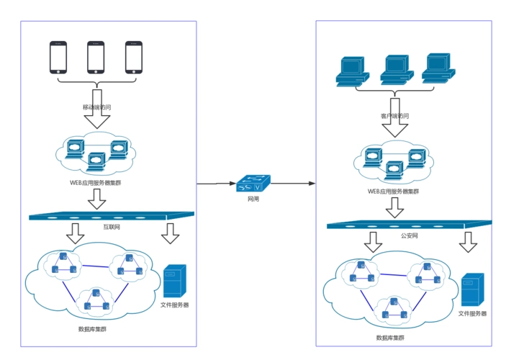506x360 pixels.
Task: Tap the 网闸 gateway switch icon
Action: tap(253, 184)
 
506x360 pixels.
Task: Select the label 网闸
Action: tap(253, 198)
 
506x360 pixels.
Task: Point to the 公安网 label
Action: tap(409, 235)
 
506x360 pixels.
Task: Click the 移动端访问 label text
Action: tap(96, 107)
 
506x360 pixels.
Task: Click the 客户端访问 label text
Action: tap(394, 115)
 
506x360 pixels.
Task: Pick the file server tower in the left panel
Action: tap(175, 282)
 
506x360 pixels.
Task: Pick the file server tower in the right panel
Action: tap(472, 290)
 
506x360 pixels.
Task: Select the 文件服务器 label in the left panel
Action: tap(174, 305)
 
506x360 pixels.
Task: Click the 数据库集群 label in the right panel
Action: tap(390, 338)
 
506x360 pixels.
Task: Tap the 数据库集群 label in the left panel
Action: tap(93, 330)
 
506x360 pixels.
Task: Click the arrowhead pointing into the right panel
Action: tap(312, 184)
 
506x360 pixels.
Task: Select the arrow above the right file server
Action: tap(468, 243)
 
